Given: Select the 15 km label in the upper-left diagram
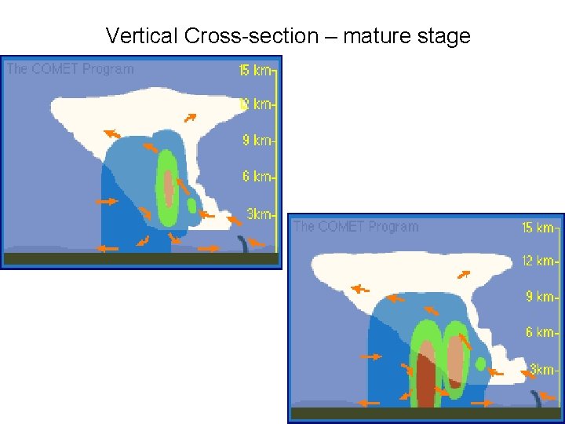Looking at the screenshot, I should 255,71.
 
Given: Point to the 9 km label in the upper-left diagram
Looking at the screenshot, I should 257,141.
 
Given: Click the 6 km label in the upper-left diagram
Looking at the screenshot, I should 257,177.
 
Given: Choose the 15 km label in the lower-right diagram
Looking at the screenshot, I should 538,228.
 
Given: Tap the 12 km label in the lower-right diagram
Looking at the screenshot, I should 538,261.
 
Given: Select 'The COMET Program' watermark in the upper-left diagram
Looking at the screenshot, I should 70,69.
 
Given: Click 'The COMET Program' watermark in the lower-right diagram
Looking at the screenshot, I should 355,227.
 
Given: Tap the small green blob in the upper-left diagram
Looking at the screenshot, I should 191,206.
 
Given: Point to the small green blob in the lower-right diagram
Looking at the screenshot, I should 480,364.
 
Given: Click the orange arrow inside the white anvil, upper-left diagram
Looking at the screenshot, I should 190,118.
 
